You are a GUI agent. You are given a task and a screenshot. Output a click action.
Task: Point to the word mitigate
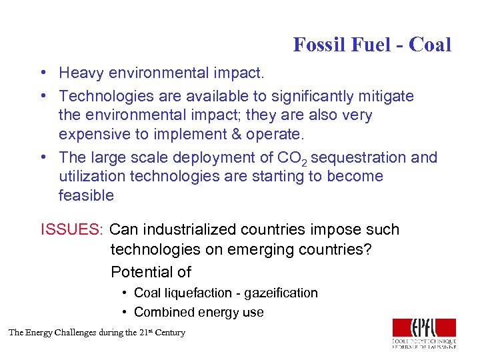387,96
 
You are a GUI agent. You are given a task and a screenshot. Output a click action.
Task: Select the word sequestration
358,157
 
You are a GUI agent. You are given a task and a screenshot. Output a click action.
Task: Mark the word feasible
86,195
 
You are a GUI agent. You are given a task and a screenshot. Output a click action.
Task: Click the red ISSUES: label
72,230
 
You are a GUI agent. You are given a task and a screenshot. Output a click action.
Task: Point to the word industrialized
189,230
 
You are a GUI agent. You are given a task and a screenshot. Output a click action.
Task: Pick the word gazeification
281,293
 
